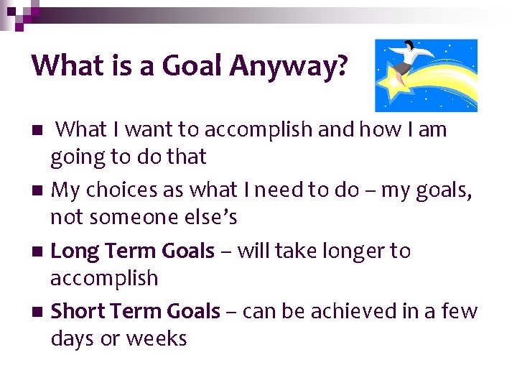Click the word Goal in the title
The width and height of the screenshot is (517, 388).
click(x=195, y=66)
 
